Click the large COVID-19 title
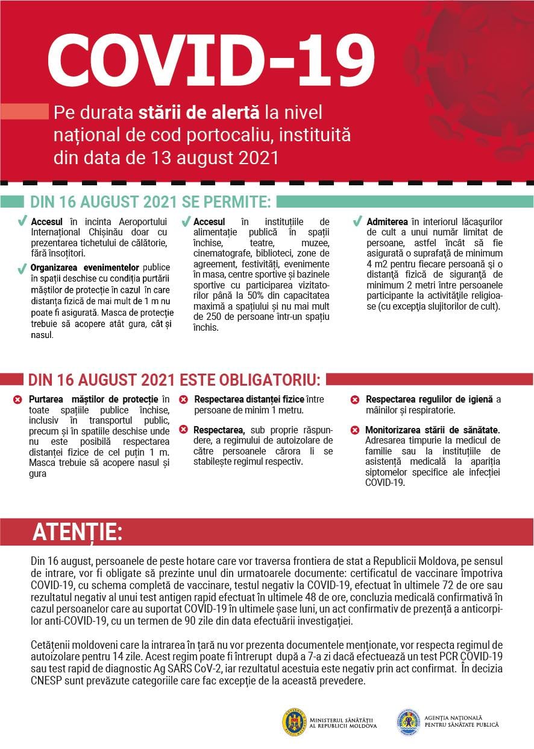211,60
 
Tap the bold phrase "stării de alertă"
198,113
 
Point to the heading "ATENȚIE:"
78,532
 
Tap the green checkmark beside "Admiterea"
357,222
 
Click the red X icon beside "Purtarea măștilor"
17,400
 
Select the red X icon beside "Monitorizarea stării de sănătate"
355,430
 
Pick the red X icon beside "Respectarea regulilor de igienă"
355,400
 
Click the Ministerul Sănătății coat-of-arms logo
294,721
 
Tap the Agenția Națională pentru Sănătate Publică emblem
408,721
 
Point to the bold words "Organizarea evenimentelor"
85,267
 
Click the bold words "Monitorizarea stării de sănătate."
432,430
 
